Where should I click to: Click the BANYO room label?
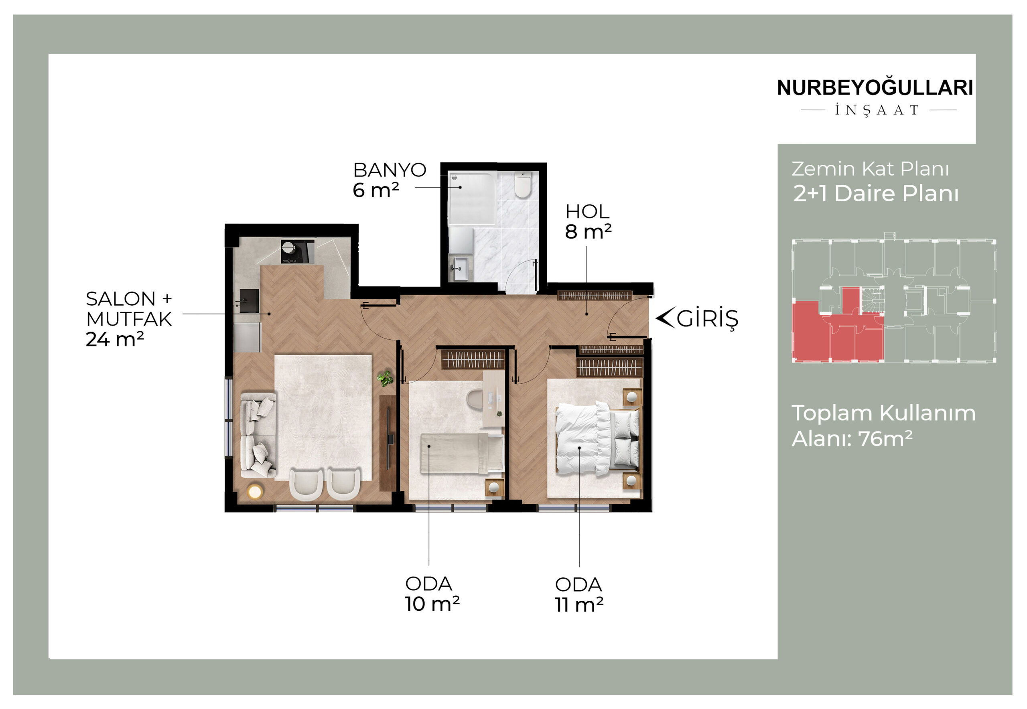pyautogui.click(x=390, y=170)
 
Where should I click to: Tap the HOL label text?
pyautogui.click(x=587, y=212)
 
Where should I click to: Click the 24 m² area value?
pyautogui.click(x=115, y=339)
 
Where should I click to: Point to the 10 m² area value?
pyautogui.click(x=432, y=604)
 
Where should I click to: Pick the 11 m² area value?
pyautogui.click(x=579, y=605)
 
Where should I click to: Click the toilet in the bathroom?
pyautogui.click(x=523, y=185)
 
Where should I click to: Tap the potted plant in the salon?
pyautogui.click(x=385, y=379)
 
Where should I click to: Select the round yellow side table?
pyautogui.click(x=255, y=492)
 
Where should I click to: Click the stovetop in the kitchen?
pyautogui.click(x=297, y=251)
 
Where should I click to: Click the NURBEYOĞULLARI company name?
pyautogui.click(x=875, y=88)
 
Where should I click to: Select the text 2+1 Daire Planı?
pyautogui.click(x=876, y=194)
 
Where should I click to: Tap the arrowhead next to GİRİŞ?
pyautogui.click(x=665, y=318)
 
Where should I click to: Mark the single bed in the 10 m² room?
pyautogui.click(x=461, y=453)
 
